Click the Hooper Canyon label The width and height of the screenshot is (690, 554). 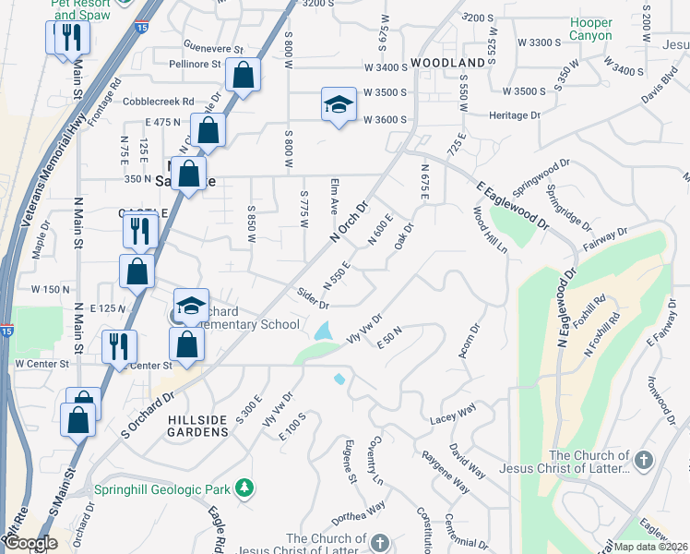click(590, 29)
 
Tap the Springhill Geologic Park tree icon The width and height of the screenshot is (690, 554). click(244, 487)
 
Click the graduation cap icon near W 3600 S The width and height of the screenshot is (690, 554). click(339, 104)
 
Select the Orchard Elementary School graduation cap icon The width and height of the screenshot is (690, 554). click(191, 305)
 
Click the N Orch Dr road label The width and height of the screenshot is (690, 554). click(349, 223)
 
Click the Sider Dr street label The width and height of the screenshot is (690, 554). click(313, 298)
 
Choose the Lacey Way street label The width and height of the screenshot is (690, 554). click(453, 419)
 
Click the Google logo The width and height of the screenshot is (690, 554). click(30, 544)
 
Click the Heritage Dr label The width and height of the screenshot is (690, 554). click(515, 114)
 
